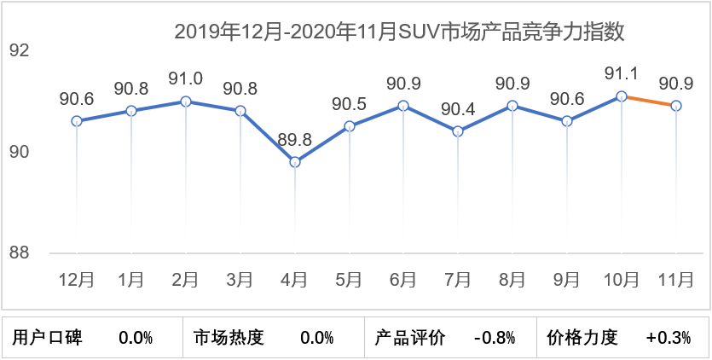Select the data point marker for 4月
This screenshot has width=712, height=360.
pos(295,162)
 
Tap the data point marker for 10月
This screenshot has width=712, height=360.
pos(622,96)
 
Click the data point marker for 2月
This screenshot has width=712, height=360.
pos(186,102)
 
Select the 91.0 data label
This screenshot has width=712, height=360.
pos(186,79)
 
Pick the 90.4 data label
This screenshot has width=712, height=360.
pos(459,109)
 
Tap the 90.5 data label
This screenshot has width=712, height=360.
pos(350,104)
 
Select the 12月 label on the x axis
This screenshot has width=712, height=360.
pos(77,280)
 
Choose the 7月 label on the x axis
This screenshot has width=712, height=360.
pos(459,280)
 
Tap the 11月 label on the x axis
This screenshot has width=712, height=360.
pos(677,280)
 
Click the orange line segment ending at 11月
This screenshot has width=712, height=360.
pos(650,101)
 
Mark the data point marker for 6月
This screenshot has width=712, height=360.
pos(404,106)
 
